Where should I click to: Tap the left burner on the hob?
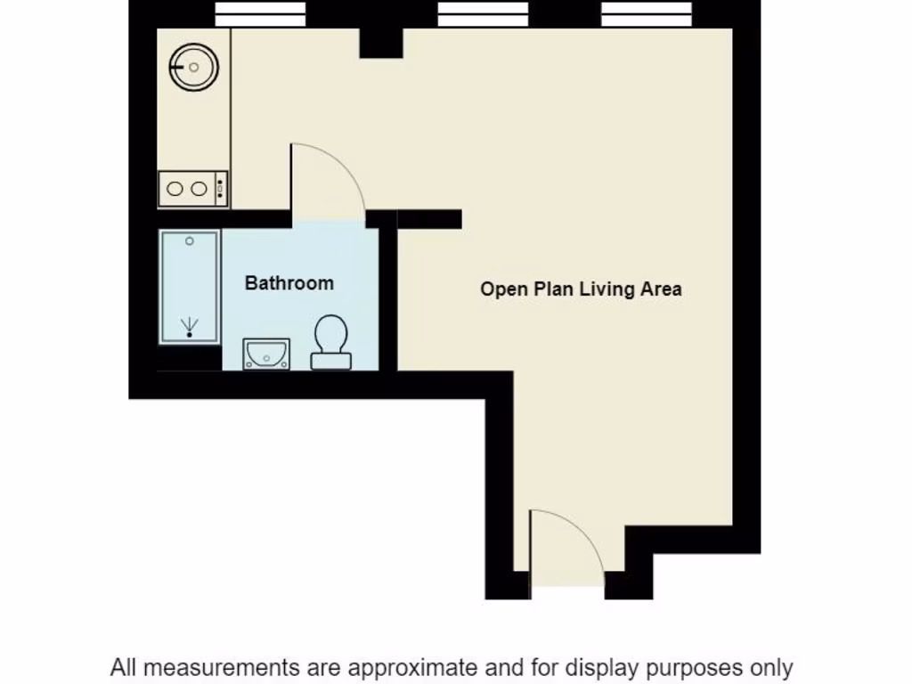click(x=175, y=189)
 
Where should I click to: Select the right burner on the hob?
click(x=199, y=189)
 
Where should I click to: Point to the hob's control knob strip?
click(x=220, y=189)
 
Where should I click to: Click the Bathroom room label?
click(x=289, y=283)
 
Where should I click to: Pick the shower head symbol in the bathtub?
click(x=189, y=326)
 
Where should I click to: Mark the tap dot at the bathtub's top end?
click(x=189, y=241)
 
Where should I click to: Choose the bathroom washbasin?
click(x=266, y=354)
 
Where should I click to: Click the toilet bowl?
click(x=330, y=335)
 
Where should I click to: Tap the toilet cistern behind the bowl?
click(x=330, y=361)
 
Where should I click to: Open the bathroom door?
click(x=327, y=183)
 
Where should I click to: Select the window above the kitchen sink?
click(x=261, y=14)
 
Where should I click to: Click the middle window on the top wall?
click(x=483, y=14)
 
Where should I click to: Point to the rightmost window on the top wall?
click(x=647, y=14)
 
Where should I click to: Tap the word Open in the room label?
click(x=503, y=289)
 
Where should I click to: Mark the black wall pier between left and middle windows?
click(x=380, y=40)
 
